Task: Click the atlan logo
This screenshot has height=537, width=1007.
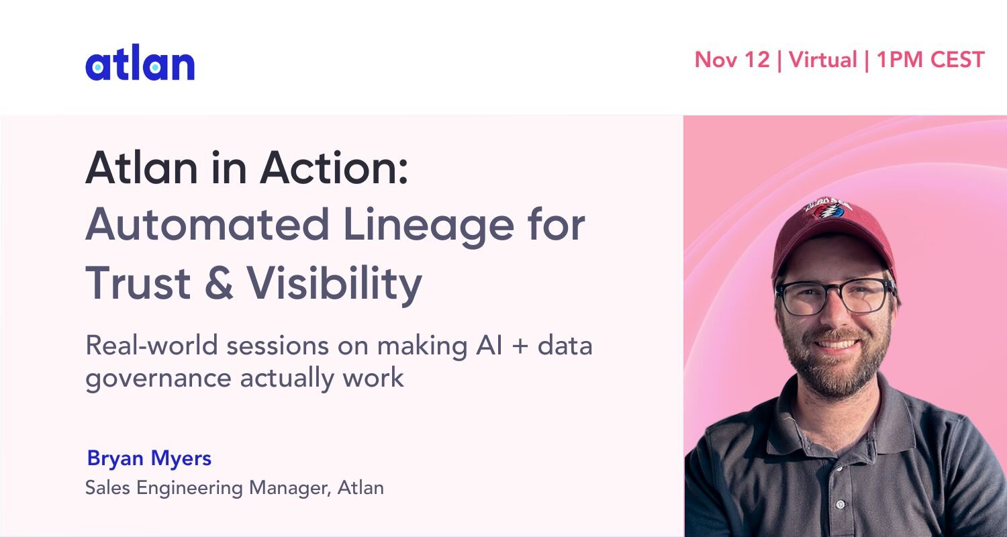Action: pos(140,62)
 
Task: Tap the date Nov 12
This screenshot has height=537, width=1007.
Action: pos(732,60)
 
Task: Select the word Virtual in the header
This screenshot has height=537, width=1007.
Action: pos(822,60)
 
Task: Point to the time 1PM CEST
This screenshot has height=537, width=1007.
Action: pos(930,60)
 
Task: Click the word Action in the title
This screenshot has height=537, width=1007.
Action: pos(334,168)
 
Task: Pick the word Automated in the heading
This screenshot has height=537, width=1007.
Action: pos(207,224)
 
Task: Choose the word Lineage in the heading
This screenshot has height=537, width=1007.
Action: pos(428,227)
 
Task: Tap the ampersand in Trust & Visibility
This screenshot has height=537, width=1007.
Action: pos(219,282)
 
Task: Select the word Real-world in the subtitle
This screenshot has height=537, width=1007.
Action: pos(152,346)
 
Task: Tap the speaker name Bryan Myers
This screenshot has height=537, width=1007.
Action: pos(149,458)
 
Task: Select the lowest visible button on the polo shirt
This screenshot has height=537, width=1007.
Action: pos(841,505)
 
